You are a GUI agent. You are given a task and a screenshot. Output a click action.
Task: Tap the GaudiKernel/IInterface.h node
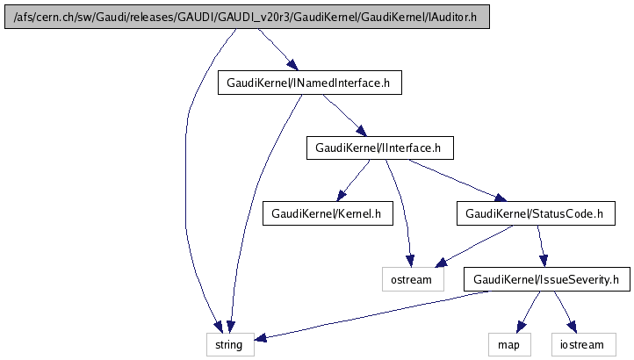click(378, 148)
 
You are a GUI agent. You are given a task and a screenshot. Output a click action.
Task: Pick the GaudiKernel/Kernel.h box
click(326, 213)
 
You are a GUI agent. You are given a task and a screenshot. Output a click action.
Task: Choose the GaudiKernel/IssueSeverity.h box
click(546, 280)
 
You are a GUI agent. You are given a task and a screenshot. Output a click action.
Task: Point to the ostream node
click(409, 280)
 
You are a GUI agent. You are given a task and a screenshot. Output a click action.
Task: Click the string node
click(230, 345)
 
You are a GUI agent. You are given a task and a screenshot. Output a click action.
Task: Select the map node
click(509, 345)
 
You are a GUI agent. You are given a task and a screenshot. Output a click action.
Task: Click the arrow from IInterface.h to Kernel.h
click(354, 180)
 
